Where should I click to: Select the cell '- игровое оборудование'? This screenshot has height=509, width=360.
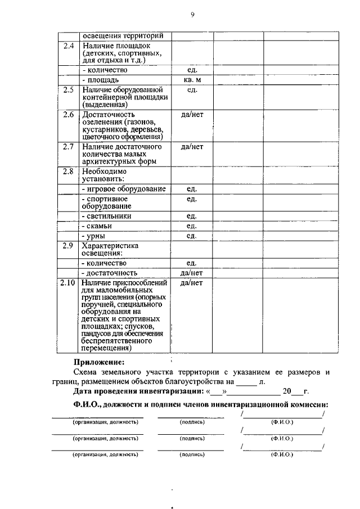[x=124, y=188]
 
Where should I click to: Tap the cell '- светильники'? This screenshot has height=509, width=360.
[x=107, y=215]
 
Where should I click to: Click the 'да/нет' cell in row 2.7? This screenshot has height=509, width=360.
[x=191, y=147]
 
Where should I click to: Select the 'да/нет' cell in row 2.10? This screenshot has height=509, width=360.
[x=191, y=282]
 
